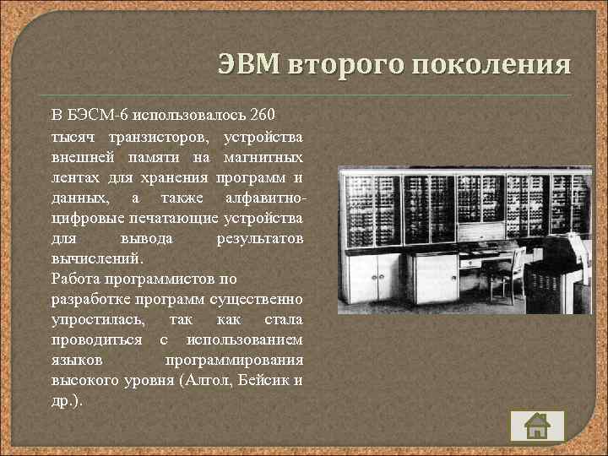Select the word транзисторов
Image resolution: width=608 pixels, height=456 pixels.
pos(160,136)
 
